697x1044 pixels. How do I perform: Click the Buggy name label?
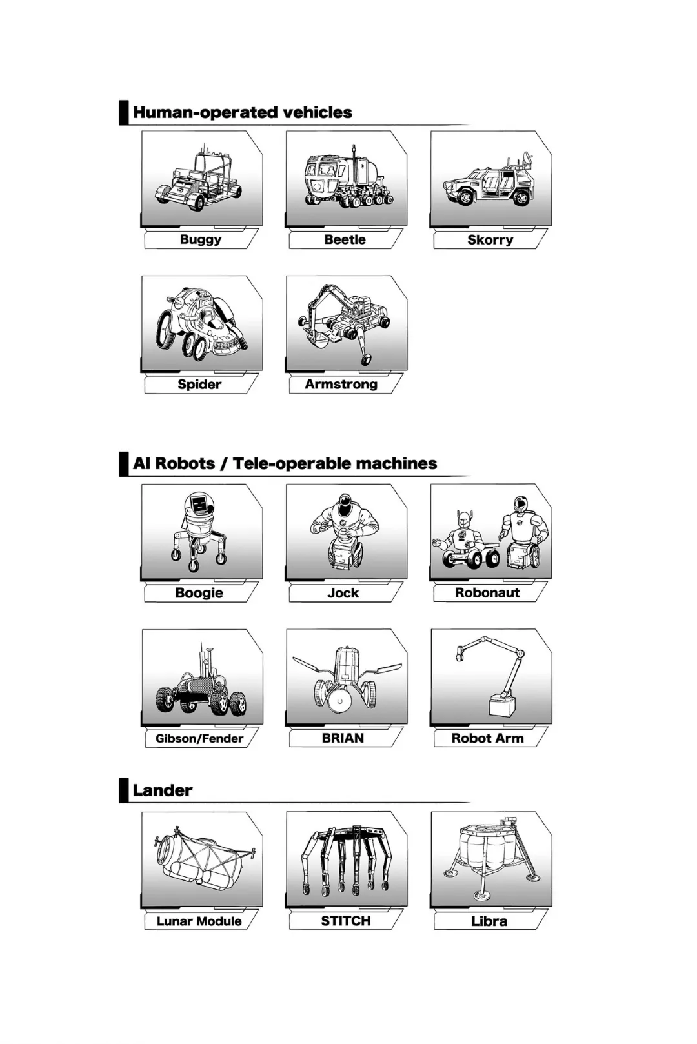pyautogui.click(x=201, y=239)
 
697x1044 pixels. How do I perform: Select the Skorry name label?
pyautogui.click(x=490, y=239)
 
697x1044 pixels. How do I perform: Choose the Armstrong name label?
pyautogui.click(x=341, y=385)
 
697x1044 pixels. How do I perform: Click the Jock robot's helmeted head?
pyautogui.click(x=345, y=503)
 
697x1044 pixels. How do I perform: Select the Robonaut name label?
pyautogui.click(x=487, y=593)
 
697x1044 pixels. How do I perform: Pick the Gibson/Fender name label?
pyautogui.click(x=199, y=738)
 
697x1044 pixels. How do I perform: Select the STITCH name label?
pyautogui.click(x=345, y=921)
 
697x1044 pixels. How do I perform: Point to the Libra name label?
pyautogui.click(x=489, y=921)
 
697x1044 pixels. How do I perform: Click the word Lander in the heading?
pyautogui.click(x=162, y=790)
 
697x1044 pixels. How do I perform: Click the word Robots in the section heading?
pyautogui.click(x=185, y=463)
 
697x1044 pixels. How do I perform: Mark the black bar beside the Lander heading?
pyautogui.click(x=123, y=790)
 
